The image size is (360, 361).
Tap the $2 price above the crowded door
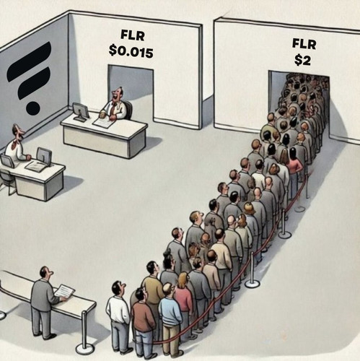tap(302, 60)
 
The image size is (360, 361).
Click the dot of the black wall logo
tap(32, 110)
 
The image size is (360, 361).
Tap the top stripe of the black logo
tap(29, 59)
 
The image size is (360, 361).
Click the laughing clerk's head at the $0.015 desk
tap(118, 94)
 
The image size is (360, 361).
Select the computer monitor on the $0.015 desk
tap(81, 111)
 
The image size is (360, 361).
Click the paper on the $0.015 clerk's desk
tap(103, 122)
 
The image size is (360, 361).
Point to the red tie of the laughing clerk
tap(113, 109)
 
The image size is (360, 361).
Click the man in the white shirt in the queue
tap(118, 317)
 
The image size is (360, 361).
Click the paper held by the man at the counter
tap(64, 291)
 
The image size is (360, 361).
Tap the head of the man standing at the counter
tap(45, 273)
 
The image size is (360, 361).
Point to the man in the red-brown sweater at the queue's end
tap(143, 323)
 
